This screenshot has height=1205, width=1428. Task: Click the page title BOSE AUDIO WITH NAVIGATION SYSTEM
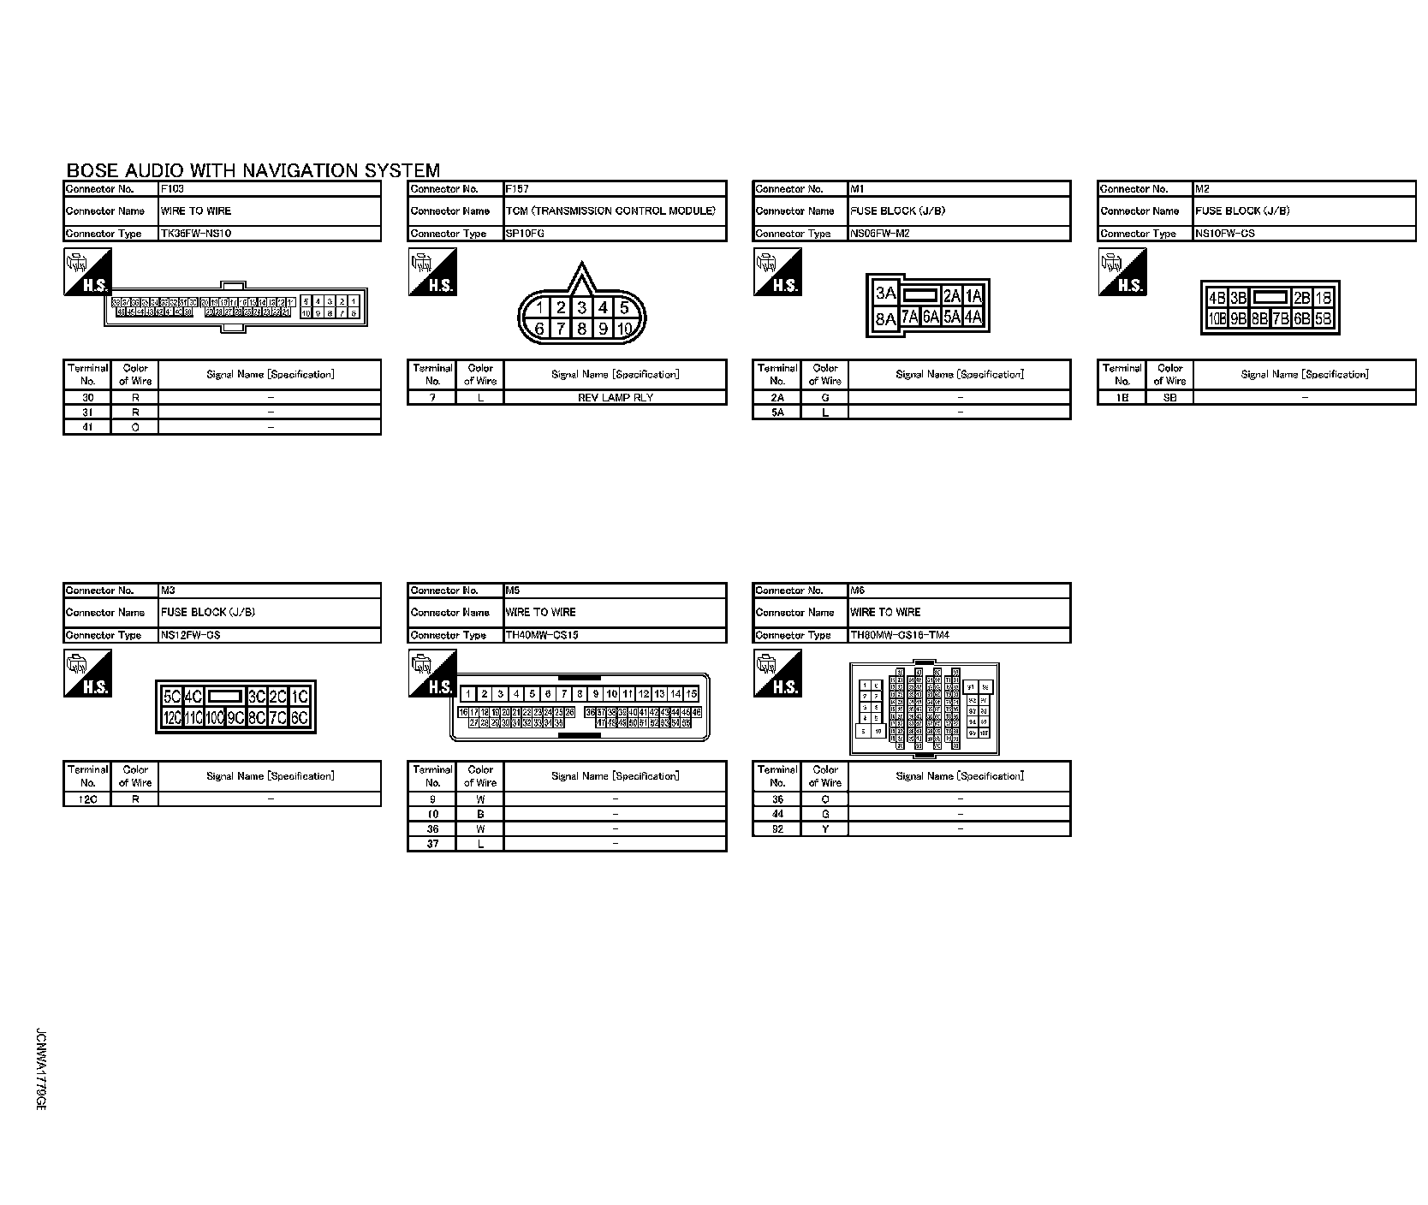point(253,171)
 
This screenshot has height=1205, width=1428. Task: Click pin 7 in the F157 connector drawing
point(561,329)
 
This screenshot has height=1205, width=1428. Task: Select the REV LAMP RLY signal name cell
point(615,397)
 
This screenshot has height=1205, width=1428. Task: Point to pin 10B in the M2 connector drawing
point(1217,319)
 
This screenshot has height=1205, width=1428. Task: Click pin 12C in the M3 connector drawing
point(172,718)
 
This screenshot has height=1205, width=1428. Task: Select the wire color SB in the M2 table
point(1169,397)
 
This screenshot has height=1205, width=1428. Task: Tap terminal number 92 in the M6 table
point(777,828)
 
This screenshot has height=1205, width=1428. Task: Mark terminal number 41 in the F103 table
point(87,427)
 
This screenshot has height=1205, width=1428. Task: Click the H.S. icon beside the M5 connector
point(433,674)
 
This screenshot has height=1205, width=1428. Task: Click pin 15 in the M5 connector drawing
point(691,694)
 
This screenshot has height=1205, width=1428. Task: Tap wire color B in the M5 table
point(480,814)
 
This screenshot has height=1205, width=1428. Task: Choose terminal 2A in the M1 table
point(777,397)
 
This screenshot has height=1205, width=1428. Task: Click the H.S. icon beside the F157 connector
point(433,272)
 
